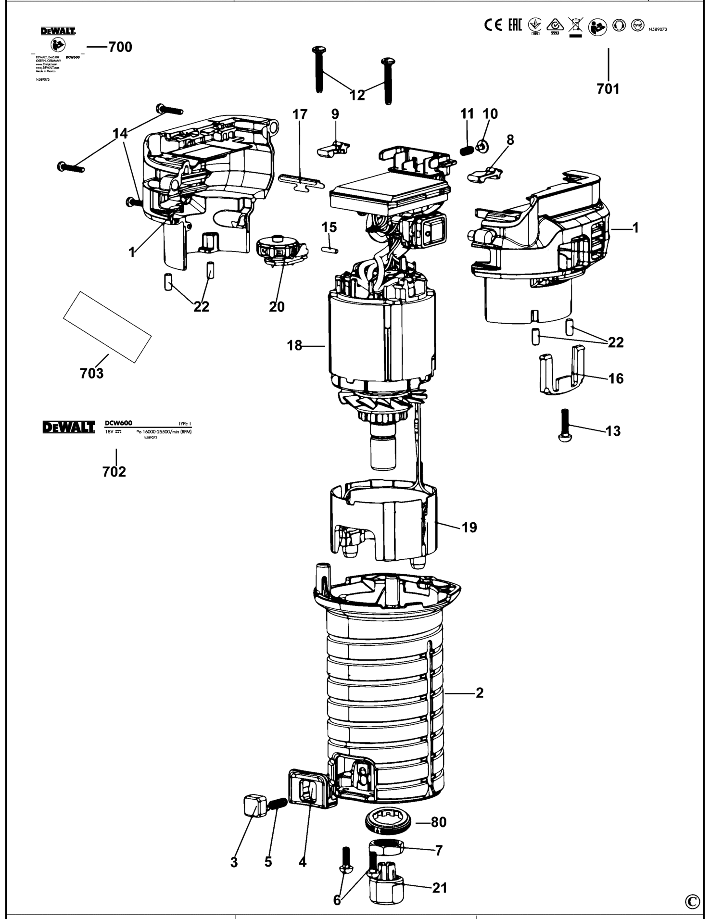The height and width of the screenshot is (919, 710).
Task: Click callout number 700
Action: (120, 47)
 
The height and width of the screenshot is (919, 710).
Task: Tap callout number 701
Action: (608, 89)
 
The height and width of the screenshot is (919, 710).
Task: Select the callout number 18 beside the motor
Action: (294, 345)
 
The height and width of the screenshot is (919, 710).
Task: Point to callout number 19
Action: (469, 528)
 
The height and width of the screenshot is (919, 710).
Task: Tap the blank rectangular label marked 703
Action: (107, 327)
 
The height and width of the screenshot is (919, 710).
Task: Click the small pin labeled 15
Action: (330, 250)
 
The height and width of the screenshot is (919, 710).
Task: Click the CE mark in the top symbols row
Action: (493, 25)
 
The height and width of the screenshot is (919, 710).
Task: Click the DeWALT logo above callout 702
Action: (68, 427)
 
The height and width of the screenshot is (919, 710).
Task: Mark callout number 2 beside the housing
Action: (479, 693)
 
